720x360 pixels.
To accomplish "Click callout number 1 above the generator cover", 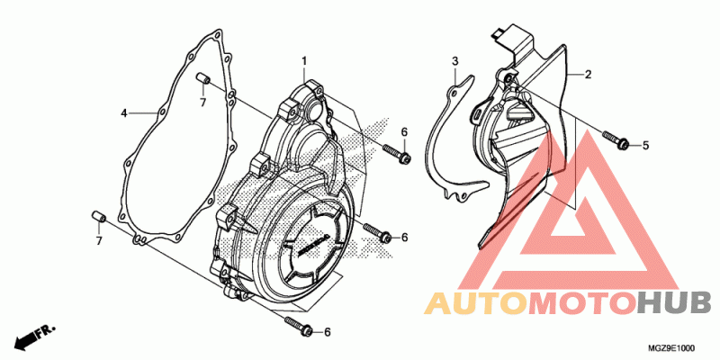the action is tap(304, 60).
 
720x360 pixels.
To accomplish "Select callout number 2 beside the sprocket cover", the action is tap(588, 75).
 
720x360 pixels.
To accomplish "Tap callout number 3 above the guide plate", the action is tap(454, 60).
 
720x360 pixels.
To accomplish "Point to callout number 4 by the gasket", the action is tap(123, 113).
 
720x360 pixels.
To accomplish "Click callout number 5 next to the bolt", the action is tap(645, 146).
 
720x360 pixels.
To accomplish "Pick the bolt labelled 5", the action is tap(616, 140).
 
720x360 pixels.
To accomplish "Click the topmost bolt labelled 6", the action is tap(397, 154).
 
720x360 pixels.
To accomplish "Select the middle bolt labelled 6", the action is tap(378, 233).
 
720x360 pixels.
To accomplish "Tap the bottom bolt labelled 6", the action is tap(299, 325).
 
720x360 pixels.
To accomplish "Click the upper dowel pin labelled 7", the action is tap(203, 78).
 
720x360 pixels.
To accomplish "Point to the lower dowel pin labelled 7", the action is tap(99, 216).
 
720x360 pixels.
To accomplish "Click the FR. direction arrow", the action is tap(35, 336).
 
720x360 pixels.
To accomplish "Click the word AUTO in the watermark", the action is tap(476, 303).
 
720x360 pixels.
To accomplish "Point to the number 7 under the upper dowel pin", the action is tap(203, 102).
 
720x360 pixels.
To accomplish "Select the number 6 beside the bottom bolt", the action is tap(328, 332).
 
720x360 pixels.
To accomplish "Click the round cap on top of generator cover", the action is tap(313, 110).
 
